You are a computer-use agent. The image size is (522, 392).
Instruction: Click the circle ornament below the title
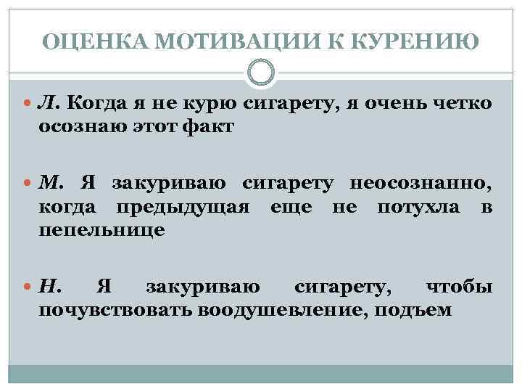[x=261, y=73]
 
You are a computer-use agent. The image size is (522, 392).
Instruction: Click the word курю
[x=210, y=105]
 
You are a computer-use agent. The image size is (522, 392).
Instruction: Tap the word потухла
[x=418, y=208]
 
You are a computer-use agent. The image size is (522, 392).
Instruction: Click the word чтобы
[x=459, y=288]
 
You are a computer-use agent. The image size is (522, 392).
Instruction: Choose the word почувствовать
[x=115, y=311]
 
